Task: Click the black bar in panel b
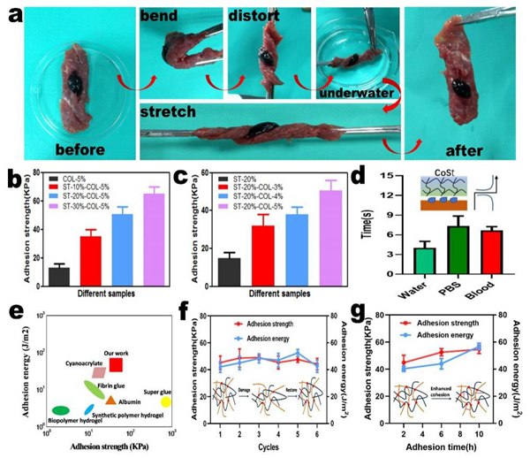(59, 274)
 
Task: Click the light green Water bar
(399, 265)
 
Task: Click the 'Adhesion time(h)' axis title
(435, 447)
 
